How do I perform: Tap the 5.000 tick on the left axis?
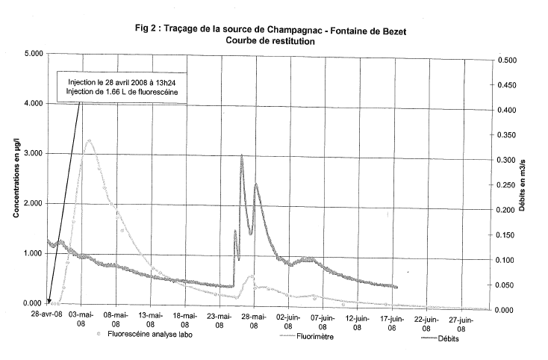pos(31,54)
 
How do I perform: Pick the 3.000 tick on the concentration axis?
pos(31,154)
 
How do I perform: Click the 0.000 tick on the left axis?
pos(31,303)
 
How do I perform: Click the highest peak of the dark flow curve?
pos(241,155)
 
